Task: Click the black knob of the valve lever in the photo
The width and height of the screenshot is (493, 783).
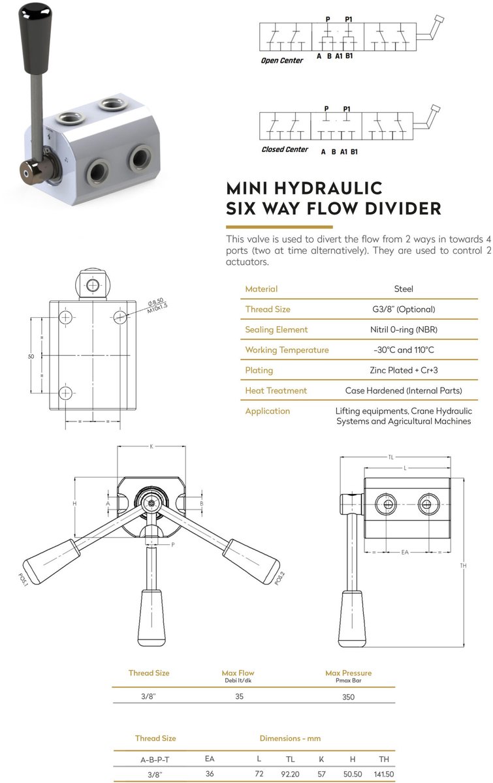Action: [36, 39]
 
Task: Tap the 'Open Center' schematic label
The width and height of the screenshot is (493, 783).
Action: [282, 61]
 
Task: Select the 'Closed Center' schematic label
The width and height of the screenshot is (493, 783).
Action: [285, 149]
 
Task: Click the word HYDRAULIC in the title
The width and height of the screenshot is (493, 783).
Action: [328, 189]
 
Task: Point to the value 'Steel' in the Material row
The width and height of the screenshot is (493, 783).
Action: [404, 288]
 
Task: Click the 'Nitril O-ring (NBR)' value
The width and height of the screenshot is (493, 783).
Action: [404, 330]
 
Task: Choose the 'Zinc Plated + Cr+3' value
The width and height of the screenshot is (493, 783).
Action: [404, 370]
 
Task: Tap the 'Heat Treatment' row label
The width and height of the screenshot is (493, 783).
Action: [276, 390]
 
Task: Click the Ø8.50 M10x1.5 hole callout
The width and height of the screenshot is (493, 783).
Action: [157, 305]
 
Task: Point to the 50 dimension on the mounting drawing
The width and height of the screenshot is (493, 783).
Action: [31, 356]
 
